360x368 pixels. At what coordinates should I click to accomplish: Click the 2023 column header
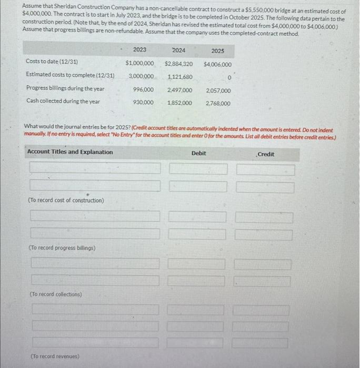[x=140, y=49]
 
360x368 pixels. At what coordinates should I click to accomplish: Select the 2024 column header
[x=178, y=50]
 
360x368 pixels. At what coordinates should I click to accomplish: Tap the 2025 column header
[x=217, y=51]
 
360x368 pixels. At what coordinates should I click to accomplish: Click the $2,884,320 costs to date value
[x=178, y=64]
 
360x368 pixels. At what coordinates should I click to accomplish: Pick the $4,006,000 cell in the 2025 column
[x=217, y=64]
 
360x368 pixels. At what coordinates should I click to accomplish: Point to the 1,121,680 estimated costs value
[x=179, y=77]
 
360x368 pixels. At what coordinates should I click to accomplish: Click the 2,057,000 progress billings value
[x=218, y=90]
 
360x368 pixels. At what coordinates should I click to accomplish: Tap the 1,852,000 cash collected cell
[x=180, y=103]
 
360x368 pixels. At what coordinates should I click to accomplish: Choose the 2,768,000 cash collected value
[x=218, y=104]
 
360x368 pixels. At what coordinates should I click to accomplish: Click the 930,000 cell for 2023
[x=144, y=103]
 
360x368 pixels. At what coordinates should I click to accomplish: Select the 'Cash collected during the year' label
[x=63, y=101]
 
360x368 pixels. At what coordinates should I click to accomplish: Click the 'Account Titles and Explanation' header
[x=69, y=152]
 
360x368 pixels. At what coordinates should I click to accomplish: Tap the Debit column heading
[x=199, y=153]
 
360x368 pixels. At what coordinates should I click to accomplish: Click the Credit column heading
[x=266, y=154]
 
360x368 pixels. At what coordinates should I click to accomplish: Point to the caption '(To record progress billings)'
[x=62, y=248]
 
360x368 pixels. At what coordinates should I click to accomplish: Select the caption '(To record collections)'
[x=55, y=294]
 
